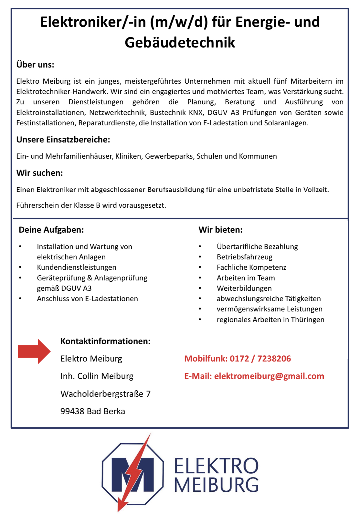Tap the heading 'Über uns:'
[x=35, y=65]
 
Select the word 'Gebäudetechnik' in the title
[x=180, y=43]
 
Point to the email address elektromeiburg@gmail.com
[x=269, y=376]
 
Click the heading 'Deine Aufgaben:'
[x=51, y=230]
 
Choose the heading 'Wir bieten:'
[x=220, y=230]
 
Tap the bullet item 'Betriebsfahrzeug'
[x=244, y=257]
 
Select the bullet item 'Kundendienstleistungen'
[x=76, y=267]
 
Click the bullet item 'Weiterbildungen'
[x=244, y=288]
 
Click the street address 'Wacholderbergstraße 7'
[x=105, y=394]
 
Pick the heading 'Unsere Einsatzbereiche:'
[x=63, y=140]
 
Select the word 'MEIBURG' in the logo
[x=216, y=485]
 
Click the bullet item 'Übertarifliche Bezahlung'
[x=257, y=247]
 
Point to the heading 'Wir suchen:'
[x=39, y=173]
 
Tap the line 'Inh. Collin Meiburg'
[x=97, y=376]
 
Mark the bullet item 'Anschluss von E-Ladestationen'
[x=87, y=299]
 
